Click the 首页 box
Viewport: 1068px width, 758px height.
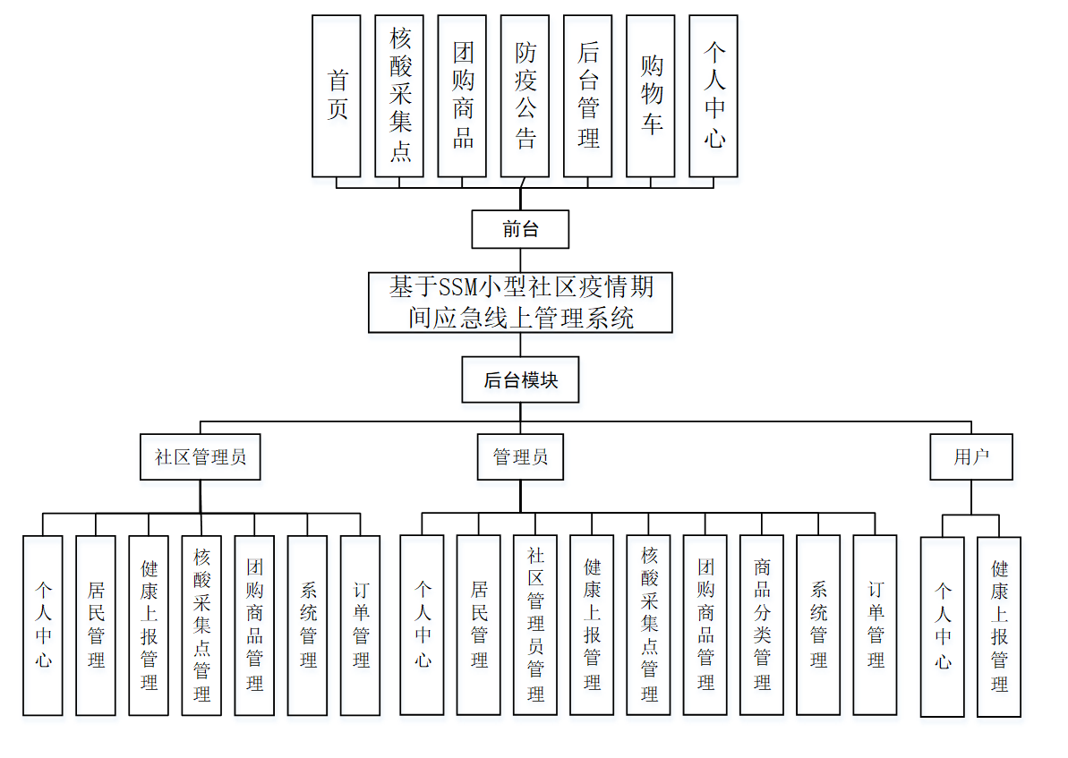tap(337, 96)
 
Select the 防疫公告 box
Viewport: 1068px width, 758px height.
tap(525, 96)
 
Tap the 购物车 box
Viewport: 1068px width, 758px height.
tap(650, 96)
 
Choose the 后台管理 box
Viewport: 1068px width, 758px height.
tap(587, 96)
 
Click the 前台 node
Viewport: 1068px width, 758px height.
tap(520, 229)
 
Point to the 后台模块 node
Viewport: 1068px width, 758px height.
tap(520, 380)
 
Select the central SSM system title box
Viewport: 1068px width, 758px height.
tap(520, 302)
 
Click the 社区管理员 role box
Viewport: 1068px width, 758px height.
tap(201, 456)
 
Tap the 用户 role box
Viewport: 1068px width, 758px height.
tap(971, 456)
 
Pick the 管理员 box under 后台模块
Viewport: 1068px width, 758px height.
tap(520, 456)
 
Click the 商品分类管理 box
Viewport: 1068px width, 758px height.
tap(762, 625)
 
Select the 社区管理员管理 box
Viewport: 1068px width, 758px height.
tap(535, 625)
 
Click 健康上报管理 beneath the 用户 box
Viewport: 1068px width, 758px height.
tap(999, 626)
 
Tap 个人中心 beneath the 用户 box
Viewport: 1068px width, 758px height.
tap(943, 626)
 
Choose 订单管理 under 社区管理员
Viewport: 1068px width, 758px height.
tap(361, 625)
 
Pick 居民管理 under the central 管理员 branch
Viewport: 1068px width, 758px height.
tap(479, 625)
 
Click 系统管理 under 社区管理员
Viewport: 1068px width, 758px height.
tap(308, 625)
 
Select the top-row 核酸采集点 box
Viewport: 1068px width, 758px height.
tap(399, 96)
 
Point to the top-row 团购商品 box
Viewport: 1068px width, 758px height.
tap(462, 96)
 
